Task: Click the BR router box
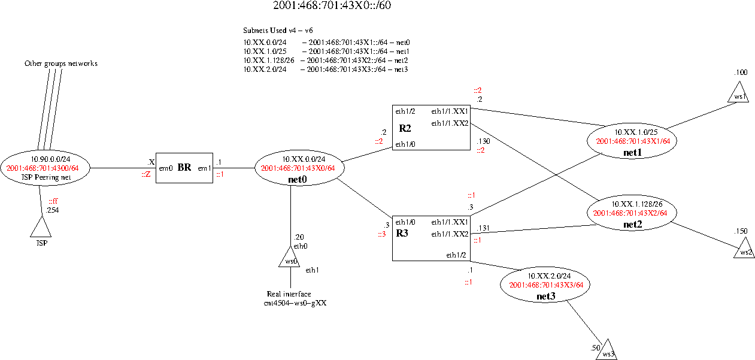(x=184, y=168)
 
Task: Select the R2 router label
(x=405, y=128)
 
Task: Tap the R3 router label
(x=402, y=232)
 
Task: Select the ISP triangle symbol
(x=40, y=228)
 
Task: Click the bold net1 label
(x=631, y=152)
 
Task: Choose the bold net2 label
(x=632, y=225)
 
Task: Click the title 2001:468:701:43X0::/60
(x=332, y=7)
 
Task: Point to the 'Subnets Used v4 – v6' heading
(x=278, y=30)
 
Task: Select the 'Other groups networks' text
(x=60, y=63)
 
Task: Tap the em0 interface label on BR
(x=166, y=168)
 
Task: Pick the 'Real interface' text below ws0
(x=289, y=294)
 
